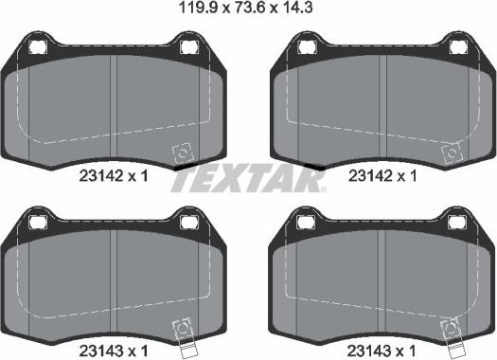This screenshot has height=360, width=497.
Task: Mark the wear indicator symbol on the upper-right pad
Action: tap(451, 152)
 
